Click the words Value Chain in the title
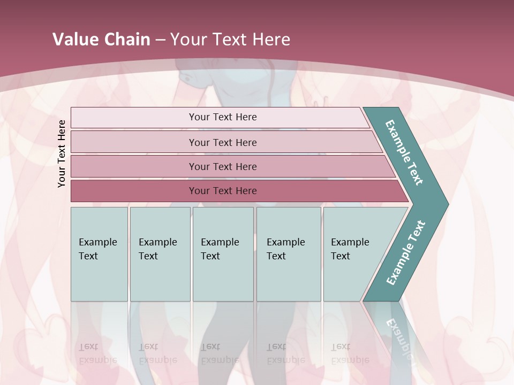101,39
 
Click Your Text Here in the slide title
230,39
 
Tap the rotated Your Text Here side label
62,153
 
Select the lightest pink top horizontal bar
134,118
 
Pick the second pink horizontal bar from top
134,142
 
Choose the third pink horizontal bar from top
134,166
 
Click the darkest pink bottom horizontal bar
134,191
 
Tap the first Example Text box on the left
99,254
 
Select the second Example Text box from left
160,254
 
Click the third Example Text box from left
223,254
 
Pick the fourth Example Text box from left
289,254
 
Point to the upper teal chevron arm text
404,152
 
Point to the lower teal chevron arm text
405,253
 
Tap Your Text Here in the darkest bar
223,191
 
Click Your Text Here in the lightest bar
223,117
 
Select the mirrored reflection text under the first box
97,353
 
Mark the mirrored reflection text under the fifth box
350,353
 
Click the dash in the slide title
160,40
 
